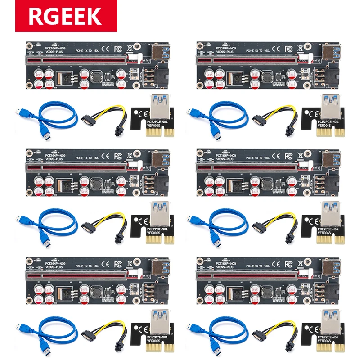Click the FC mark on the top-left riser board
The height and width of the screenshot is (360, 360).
pyautogui.click(x=118, y=47)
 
